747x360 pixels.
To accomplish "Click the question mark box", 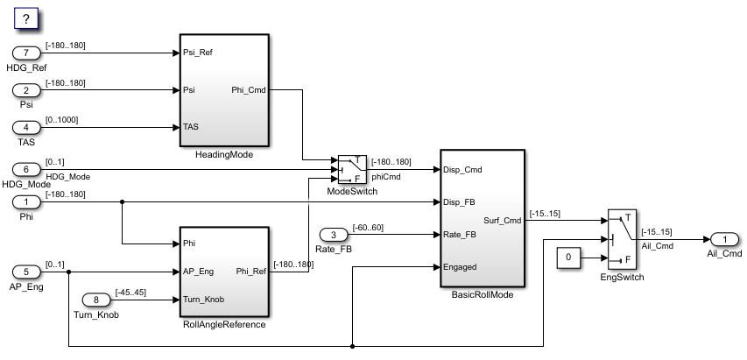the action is coord(25,19).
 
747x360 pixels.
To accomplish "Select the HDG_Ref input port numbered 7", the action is coord(26,53).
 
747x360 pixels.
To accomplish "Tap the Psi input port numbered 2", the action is coord(26,90).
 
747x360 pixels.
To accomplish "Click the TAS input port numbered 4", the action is coord(26,127).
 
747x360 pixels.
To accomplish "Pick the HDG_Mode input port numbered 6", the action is coord(26,169).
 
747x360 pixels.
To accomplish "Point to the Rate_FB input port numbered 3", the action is coord(334,234).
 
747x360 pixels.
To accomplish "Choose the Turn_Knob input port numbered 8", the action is coord(96,300).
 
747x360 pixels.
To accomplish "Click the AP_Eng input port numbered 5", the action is coord(26,272).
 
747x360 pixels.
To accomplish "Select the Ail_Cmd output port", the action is coord(724,239).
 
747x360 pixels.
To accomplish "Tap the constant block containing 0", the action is coord(568,258).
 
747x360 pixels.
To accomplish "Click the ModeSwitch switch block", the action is coord(352,170).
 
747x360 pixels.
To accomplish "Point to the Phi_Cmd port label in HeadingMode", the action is coord(249,90).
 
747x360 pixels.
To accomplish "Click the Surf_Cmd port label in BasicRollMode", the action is coord(502,221).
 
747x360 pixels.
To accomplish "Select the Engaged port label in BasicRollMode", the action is coord(460,267).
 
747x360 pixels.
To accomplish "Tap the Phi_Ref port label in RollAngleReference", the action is coord(251,272).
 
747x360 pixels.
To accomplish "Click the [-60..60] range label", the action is coord(368,228).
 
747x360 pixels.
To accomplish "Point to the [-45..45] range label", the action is coord(130,293).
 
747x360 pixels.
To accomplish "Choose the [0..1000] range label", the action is coord(61,120).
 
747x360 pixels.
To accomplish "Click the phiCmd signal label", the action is coord(386,177).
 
